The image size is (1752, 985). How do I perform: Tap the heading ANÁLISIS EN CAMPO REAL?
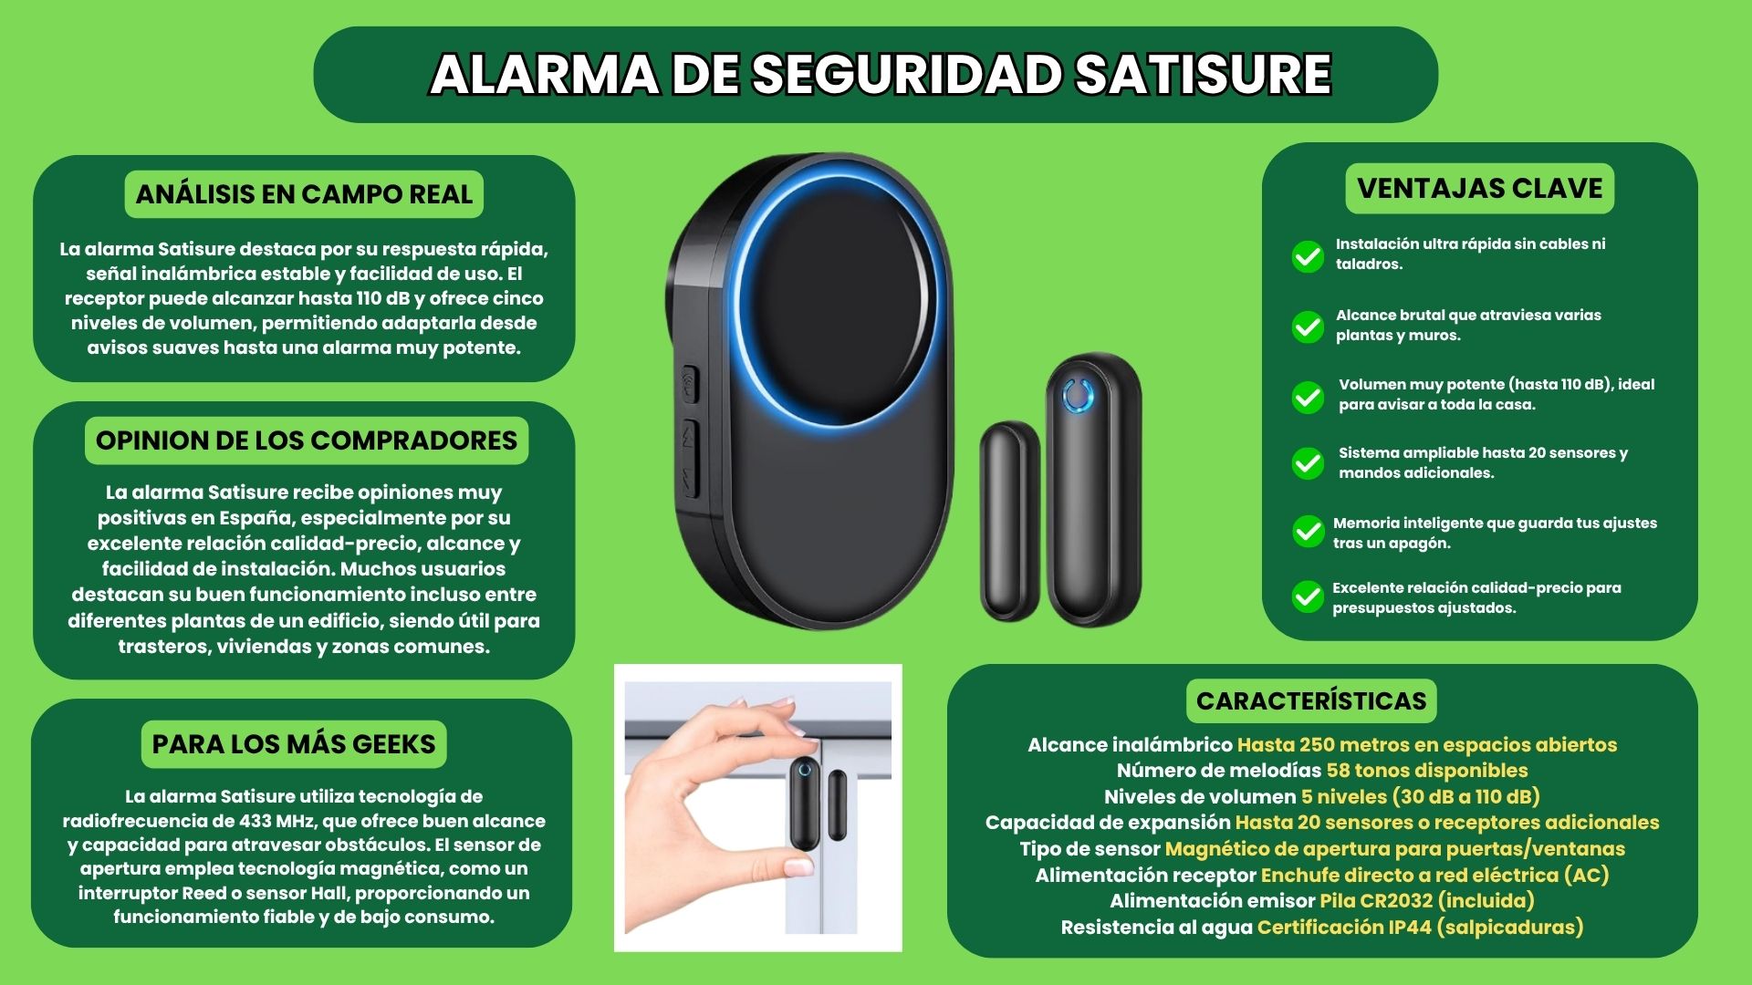coord(304,194)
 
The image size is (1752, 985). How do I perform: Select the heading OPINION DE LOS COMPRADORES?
coord(307,441)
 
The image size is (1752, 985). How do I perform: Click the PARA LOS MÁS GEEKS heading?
coord(294,744)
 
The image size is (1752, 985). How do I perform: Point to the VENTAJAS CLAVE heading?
coord(1479,188)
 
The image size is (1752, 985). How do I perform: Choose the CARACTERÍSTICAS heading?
coord(1311,700)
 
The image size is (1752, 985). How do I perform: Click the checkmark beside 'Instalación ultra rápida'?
coord(1308,256)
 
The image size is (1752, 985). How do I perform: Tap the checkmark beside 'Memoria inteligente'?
coord(1308,531)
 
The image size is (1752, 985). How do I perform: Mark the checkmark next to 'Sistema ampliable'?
coord(1308,463)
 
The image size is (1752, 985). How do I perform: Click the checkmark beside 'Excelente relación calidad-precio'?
coord(1308,596)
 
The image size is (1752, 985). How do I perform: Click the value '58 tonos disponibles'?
coord(1426,771)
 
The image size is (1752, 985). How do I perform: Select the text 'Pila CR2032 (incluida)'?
coord(1427,901)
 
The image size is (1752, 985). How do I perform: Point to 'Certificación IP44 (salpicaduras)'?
coord(1420,928)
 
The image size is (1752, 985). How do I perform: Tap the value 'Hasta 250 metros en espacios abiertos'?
coord(1426,745)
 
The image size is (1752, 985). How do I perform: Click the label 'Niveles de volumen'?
coord(1200,797)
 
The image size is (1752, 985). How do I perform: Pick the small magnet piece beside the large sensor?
coord(1010,522)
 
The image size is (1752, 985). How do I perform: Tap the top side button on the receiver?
coord(690,384)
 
